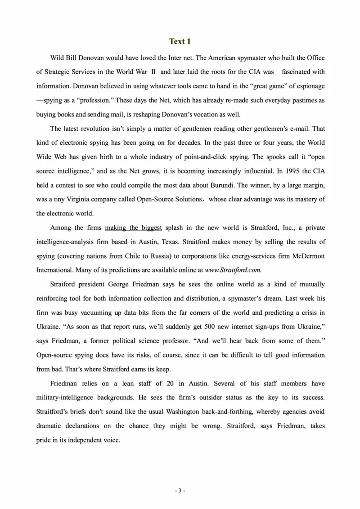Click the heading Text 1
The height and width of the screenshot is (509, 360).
pyautogui.click(x=180, y=41)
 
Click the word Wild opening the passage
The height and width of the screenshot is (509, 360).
pyautogui.click(x=58, y=58)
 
